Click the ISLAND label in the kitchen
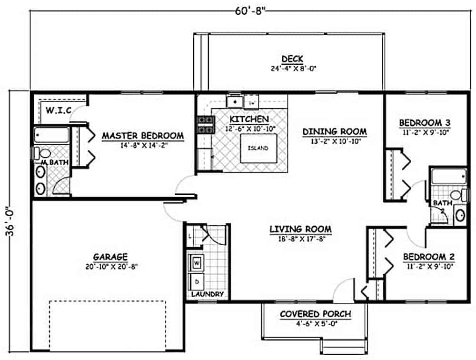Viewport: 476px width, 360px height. (x=258, y=148)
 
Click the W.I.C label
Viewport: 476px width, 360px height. (x=58, y=111)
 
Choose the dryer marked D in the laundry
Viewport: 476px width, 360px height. (x=197, y=281)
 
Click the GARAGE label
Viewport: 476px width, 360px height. (x=110, y=257)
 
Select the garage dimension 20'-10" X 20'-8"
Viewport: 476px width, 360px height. (x=110, y=266)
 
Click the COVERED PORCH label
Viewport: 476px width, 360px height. (x=316, y=314)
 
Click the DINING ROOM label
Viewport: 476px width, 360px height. (x=335, y=131)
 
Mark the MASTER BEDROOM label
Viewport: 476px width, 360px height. (x=143, y=136)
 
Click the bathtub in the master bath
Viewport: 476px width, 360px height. (x=51, y=135)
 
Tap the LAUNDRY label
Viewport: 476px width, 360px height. (x=208, y=294)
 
